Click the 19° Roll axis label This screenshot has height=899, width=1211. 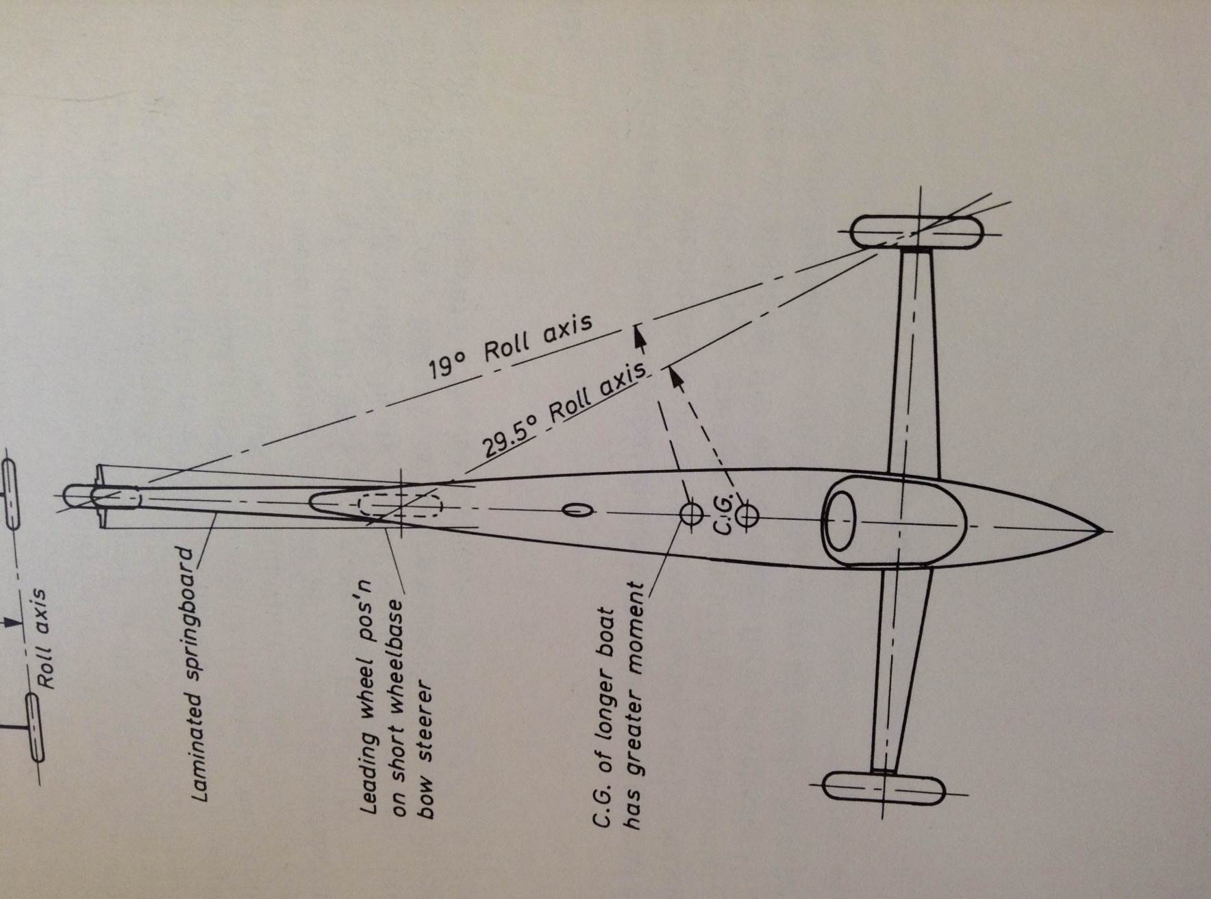(x=511, y=347)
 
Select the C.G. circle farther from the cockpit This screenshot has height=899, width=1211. (x=691, y=512)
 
